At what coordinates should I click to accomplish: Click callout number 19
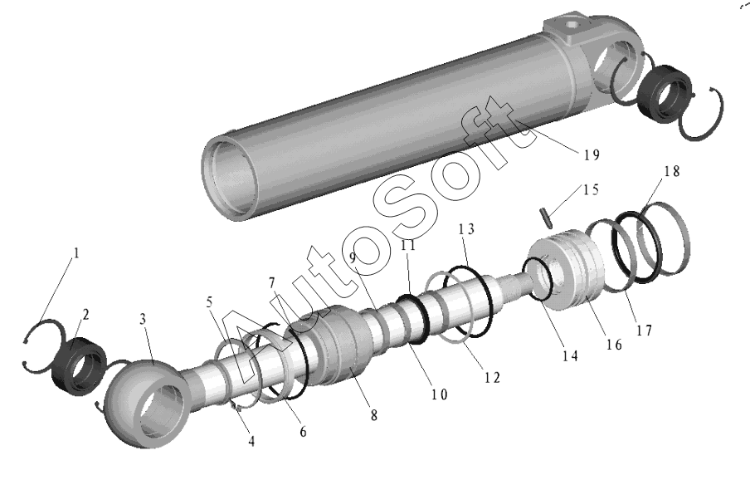click(592, 154)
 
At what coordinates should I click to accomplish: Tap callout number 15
click(591, 189)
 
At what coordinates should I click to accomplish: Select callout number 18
click(671, 171)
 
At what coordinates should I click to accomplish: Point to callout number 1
click(75, 252)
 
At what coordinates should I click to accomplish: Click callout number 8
click(374, 415)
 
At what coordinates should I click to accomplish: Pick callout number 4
click(251, 441)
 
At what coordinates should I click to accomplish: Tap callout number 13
click(466, 229)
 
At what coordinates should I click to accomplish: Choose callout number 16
click(614, 344)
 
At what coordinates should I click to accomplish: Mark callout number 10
click(439, 394)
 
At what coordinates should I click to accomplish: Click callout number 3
click(143, 319)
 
